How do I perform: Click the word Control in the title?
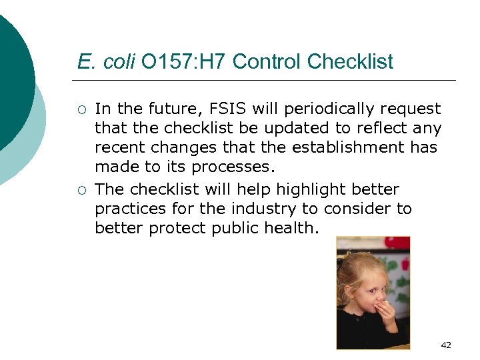pos(267,62)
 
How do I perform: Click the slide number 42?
pos(446,345)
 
